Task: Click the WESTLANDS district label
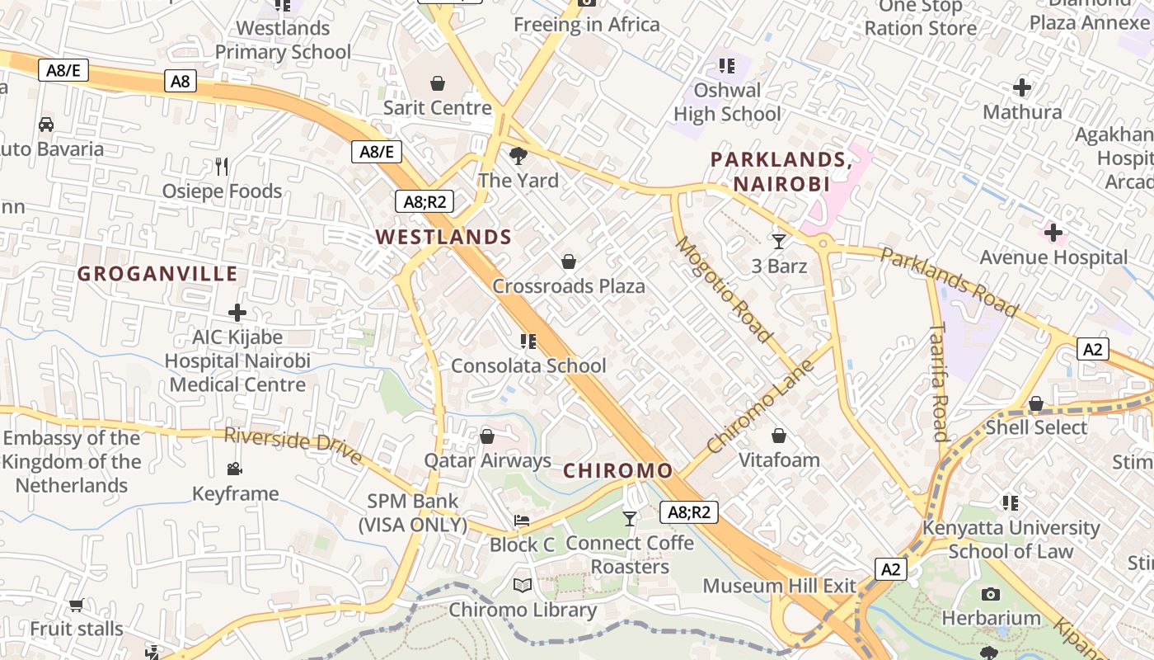click(443, 238)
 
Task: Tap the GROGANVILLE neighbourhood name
click(157, 274)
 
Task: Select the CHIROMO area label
click(617, 471)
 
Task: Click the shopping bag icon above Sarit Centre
click(438, 83)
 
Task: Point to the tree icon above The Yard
click(518, 155)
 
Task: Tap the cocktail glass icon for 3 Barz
click(779, 241)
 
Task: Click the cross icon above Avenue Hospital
click(1053, 233)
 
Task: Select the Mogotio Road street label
click(724, 290)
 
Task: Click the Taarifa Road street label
click(939, 382)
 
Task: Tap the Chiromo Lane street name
click(760, 406)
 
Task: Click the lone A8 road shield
click(181, 81)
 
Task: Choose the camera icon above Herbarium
click(991, 594)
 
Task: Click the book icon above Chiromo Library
click(522, 586)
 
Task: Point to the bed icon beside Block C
click(522, 521)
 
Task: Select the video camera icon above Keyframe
click(235, 469)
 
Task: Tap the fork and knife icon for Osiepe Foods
click(221, 167)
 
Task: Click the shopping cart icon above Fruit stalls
click(77, 605)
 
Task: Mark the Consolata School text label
click(528, 365)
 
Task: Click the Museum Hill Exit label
click(779, 586)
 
